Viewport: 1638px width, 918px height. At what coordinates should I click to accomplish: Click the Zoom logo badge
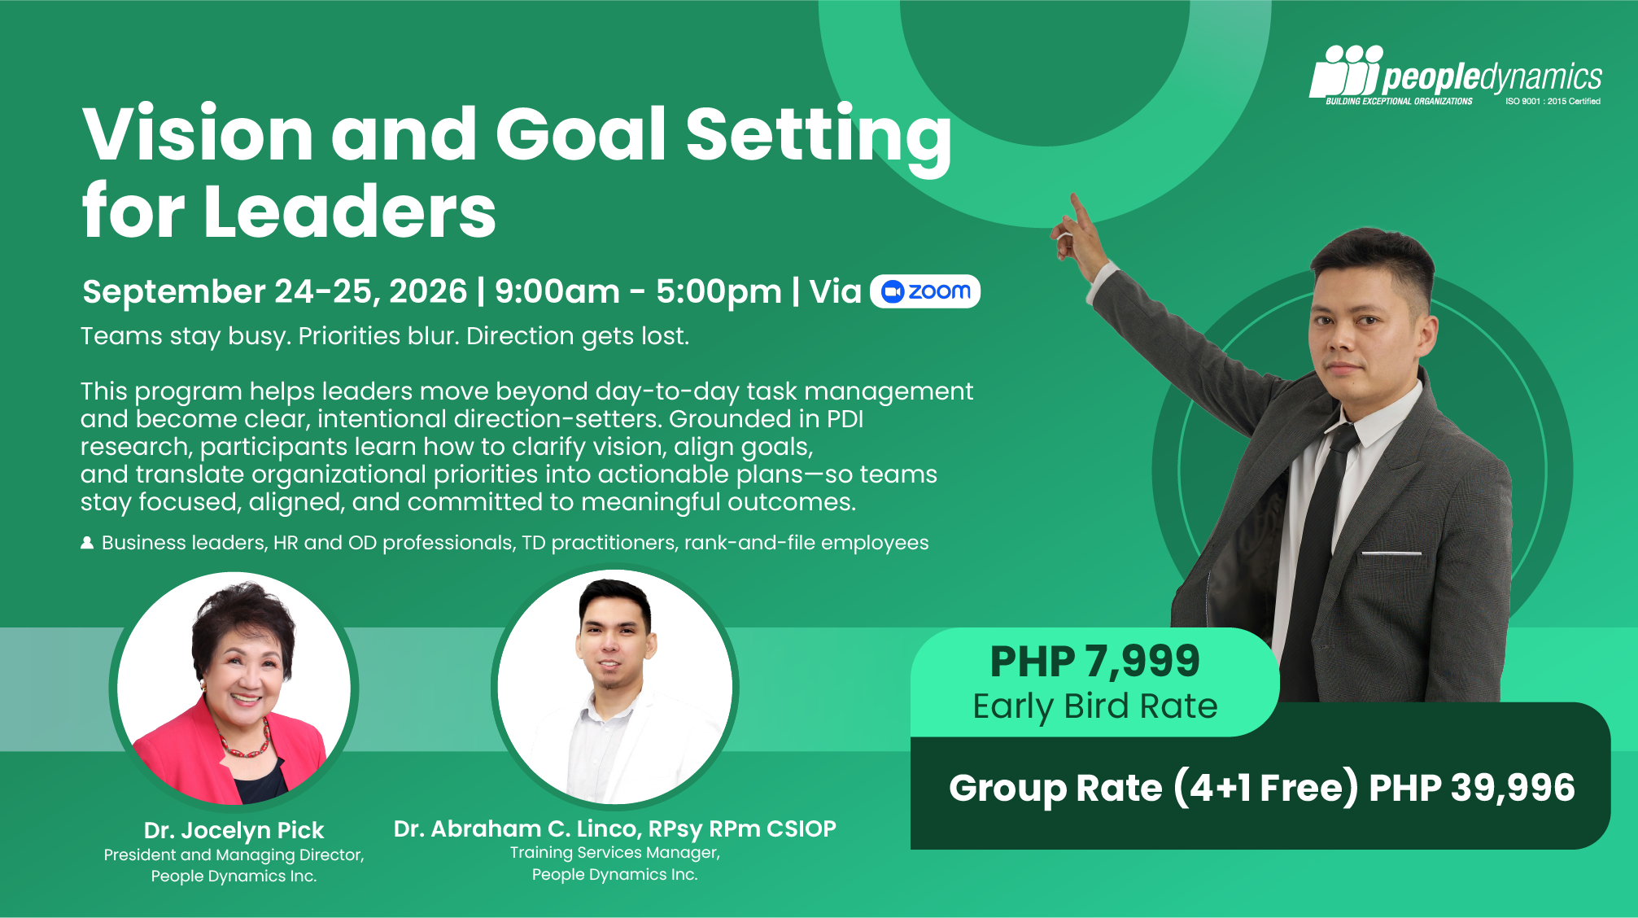pyautogui.click(x=925, y=291)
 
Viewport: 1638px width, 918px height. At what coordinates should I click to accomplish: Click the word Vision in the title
pyautogui.click(x=198, y=133)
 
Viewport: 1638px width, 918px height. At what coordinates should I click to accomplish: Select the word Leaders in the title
pyautogui.click(x=350, y=212)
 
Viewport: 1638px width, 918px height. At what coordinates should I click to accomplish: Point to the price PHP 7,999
pyautogui.click(x=1094, y=661)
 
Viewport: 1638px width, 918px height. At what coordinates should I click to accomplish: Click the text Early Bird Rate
pyautogui.click(x=1095, y=706)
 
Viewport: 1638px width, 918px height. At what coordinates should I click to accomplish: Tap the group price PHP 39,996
pyautogui.click(x=1472, y=788)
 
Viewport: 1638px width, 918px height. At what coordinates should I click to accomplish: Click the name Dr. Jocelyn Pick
pyautogui.click(x=234, y=830)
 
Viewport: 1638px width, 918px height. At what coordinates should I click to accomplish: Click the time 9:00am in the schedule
pyautogui.click(x=557, y=291)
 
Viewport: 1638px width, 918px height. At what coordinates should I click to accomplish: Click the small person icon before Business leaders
pyautogui.click(x=87, y=543)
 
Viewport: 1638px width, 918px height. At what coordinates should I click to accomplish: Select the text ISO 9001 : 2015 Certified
pyautogui.click(x=1553, y=102)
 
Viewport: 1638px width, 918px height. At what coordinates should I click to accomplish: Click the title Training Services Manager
pyautogui.click(x=614, y=853)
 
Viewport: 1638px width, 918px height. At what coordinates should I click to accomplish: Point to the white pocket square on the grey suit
pyautogui.click(x=1391, y=553)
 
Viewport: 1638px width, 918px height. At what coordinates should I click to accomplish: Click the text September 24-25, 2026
pyautogui.click(x=275, y=291)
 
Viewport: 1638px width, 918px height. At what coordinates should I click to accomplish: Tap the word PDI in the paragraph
pyautogui.click(x=845, y=419)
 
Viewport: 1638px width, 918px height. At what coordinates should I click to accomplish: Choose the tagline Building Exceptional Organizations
pyautogui.click(x=1399, y=102)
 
